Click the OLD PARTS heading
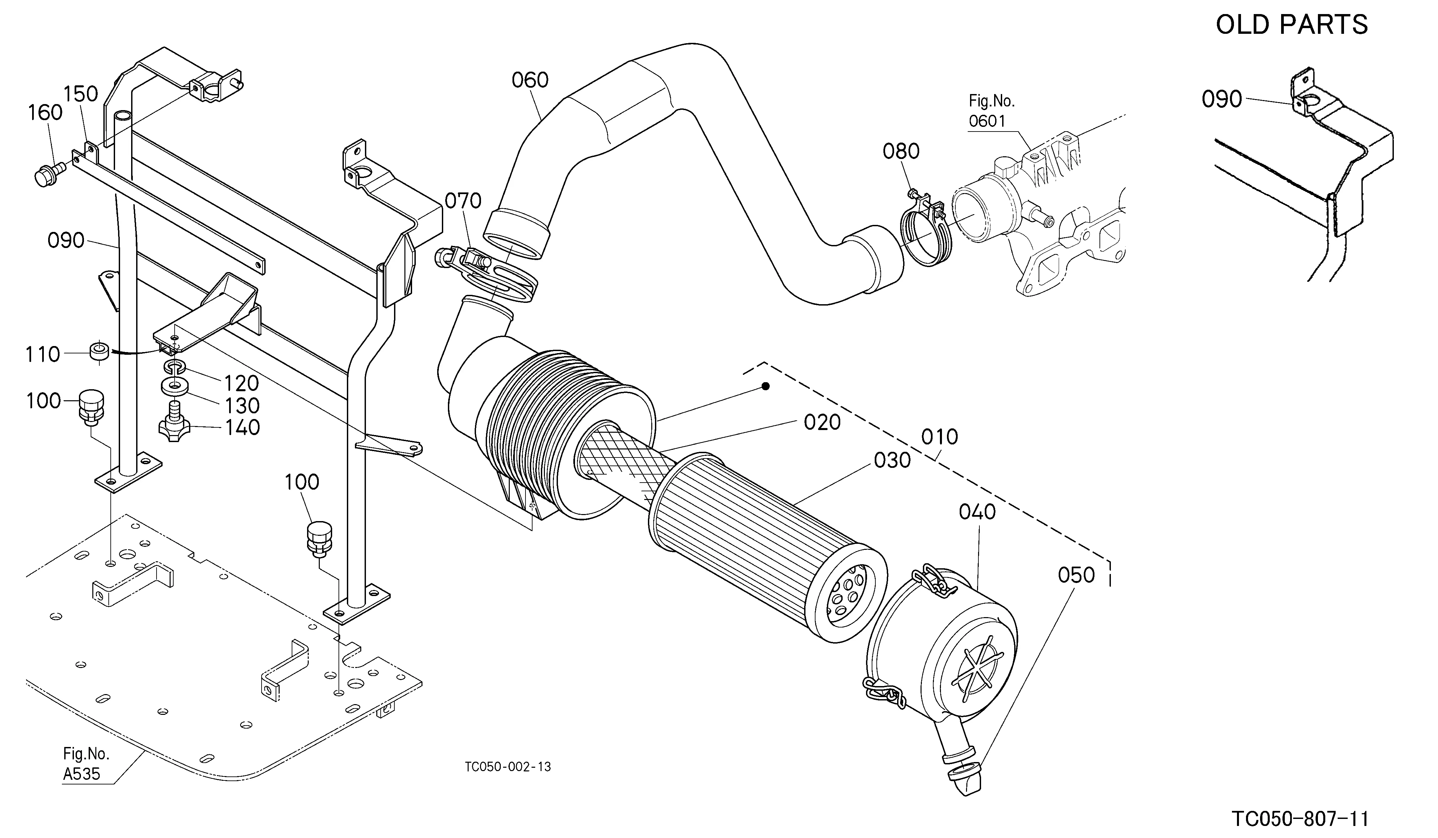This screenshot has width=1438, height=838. pyautogui.click(x=1291, y=24)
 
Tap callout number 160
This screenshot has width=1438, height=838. pyautogui.click(x=45, y=112)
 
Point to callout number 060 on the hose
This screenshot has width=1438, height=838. pyautogui.click(x=530, y=80)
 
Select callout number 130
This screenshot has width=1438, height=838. pyautogui.click(x=242, y=406)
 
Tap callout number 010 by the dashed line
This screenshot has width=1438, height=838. pyautogui.click(x=939, y=437)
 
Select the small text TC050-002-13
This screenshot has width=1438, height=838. pyautogui.click(x=508, y=767)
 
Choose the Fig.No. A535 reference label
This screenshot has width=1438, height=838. pyautogui.click(x=86, y=764)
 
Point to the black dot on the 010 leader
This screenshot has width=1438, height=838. pyautogui.click(x=766, y=387)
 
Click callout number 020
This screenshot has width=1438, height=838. pyautogui.click(x=822, y=422)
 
